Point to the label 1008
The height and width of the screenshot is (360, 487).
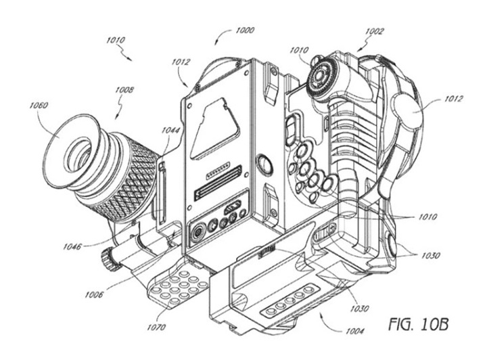pyautogui.click(x=123, y=89)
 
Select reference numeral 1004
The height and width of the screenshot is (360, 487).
pyautogui.click(x=354, y=331)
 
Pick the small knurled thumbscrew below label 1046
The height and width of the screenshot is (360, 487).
pyautogui.click(x=107, y=257)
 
